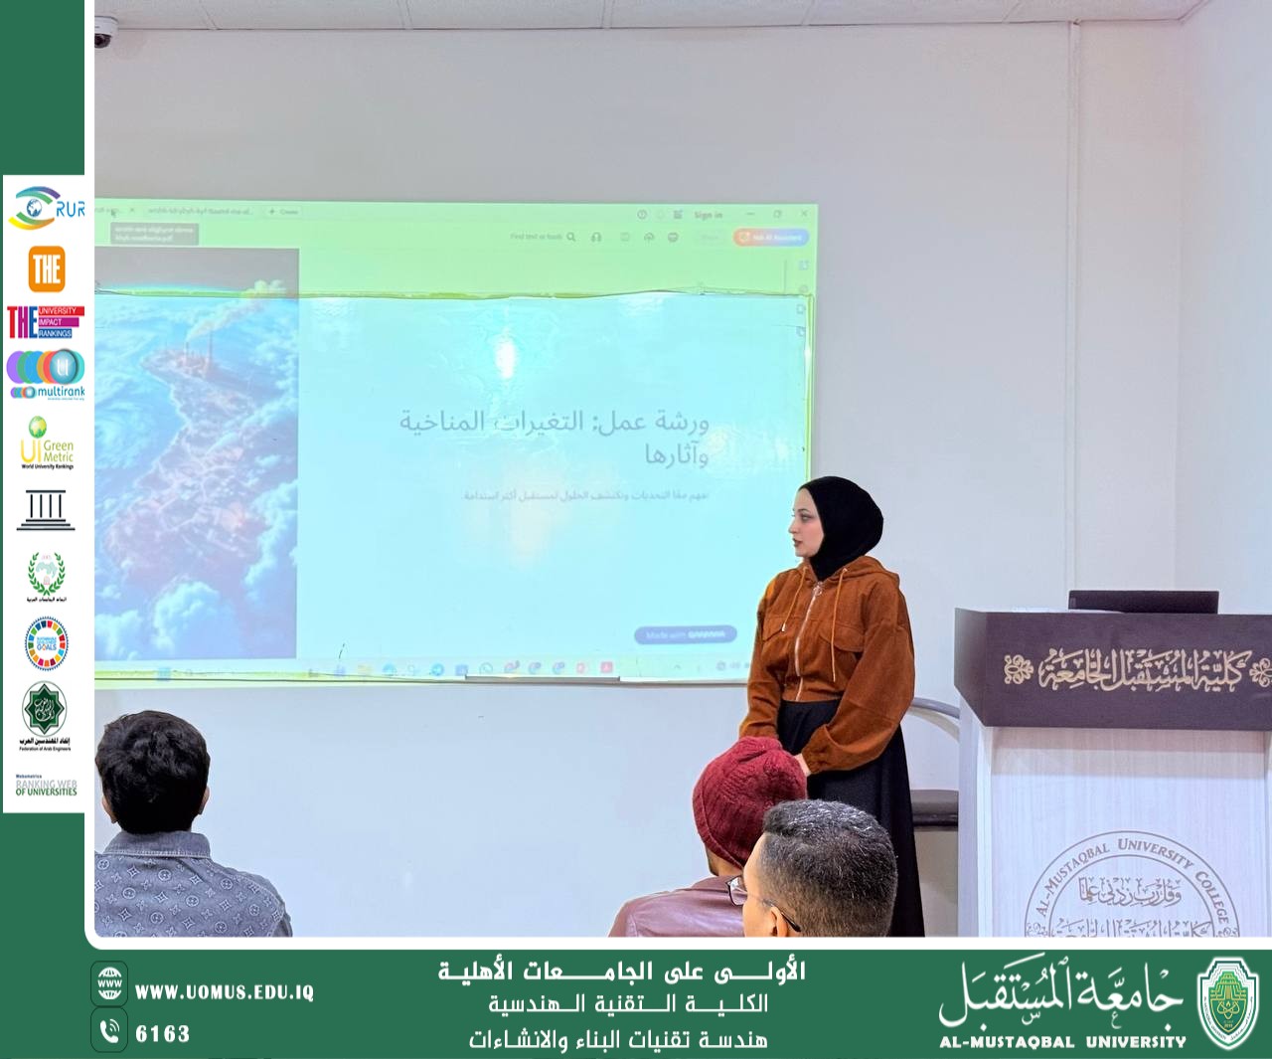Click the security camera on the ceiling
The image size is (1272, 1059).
click(103, 37)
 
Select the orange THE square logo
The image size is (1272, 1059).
click(47, 268)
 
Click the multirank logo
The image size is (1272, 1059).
click(47, 375)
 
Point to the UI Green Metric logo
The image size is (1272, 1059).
click(47, 442)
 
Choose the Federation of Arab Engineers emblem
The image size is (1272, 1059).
click(45, 714)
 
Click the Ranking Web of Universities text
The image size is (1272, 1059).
click(46, 788)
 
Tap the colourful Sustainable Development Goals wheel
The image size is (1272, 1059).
click(46, 642)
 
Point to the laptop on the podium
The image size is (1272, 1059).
click(1143, 601)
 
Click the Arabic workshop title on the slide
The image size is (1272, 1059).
click(556, 436)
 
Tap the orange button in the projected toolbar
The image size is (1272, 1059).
click(771, 238)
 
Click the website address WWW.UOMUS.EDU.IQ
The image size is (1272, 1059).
click(225, 992)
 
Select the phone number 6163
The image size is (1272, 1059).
click(162, 1034)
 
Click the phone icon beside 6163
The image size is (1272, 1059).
click(109, 1030)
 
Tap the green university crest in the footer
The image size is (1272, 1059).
click(1228, 1002)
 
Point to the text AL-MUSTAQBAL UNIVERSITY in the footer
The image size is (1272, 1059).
click(1062, 1042)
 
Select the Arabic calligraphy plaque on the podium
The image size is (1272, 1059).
click(1133, 671)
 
